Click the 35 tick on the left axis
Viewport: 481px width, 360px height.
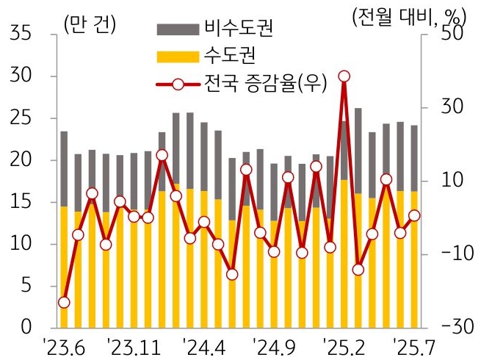tap(21, 35)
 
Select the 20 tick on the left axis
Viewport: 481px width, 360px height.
tap(21, 160)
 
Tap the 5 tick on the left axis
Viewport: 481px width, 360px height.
tap(26, 286)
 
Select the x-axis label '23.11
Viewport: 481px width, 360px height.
tap(135, 345)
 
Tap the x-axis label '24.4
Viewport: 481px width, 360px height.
tap(204, 345)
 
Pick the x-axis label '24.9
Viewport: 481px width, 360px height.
tap(273, 345)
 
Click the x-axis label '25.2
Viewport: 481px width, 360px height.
tap(343, 345)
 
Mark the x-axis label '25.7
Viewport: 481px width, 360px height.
tap(413, 345)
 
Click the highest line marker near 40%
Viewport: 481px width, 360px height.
tap(344, 76)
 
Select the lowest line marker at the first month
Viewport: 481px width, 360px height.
tap(64, 302)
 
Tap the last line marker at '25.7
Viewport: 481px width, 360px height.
tap(414, 215)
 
